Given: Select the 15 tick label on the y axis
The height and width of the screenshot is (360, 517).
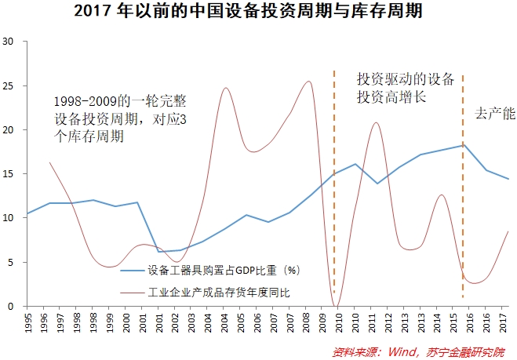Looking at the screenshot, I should (9, 173).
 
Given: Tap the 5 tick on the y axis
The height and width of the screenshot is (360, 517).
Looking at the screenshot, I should (12, 262).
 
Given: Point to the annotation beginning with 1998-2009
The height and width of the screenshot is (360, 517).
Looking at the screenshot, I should (122, 118).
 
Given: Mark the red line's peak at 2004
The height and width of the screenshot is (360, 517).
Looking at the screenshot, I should (226, 88).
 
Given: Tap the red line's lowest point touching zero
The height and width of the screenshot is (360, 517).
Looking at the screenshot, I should (335, 305).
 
